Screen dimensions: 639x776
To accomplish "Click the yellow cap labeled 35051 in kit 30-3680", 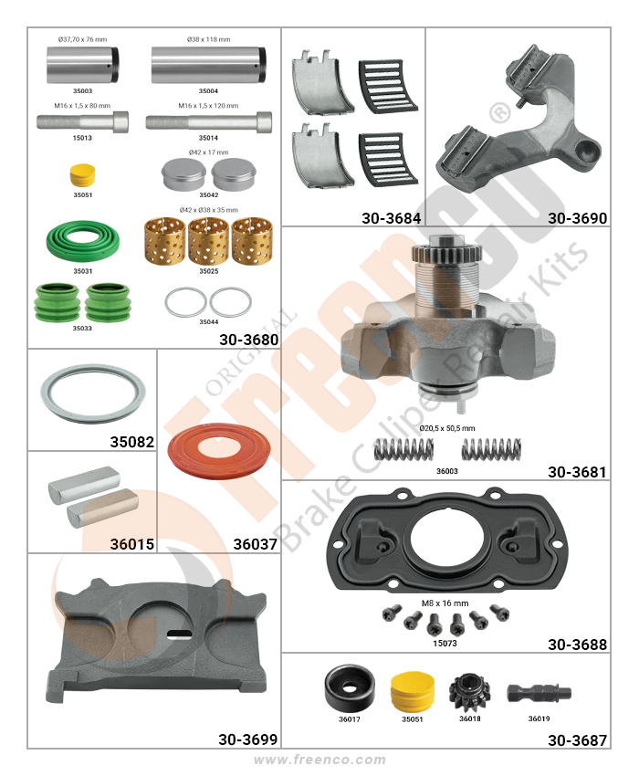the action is (82, 175).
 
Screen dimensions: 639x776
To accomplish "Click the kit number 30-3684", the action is (391, 218).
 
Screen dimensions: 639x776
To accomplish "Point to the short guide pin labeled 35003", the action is (83, 65).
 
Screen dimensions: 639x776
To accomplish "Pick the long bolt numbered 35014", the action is (208, 122).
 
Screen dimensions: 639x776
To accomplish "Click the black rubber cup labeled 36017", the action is (350, 688).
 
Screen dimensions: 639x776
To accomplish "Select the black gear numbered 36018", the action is (469, 692).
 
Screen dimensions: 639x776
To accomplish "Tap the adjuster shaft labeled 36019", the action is (539, 693).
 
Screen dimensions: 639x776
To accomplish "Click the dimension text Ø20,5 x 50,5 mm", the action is (446, 428).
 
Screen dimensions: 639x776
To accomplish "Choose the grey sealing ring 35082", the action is (93, 394).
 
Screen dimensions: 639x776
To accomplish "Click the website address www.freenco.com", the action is (319, 760).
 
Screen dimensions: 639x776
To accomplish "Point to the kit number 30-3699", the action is (247, 739).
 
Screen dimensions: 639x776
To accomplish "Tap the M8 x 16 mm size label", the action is (445, 603).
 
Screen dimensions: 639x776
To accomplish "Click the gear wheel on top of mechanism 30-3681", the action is (446, 251).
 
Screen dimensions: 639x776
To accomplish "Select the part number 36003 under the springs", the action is (447, 471).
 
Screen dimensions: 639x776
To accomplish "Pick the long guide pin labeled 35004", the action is (208, 65).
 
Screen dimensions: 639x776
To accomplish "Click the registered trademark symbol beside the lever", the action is (500, 113).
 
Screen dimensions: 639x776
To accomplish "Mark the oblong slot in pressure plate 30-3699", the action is (179, 634).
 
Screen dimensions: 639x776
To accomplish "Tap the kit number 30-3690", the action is (577, 218).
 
